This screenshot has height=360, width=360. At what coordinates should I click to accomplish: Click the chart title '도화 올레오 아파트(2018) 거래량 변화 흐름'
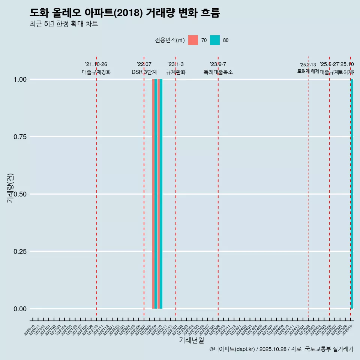[124, 13]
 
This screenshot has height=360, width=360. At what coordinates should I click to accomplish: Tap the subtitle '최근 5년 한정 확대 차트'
[64, 24]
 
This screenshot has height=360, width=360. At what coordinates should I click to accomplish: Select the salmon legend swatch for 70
[193, 40]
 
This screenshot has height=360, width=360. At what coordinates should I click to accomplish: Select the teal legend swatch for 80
[215, 40]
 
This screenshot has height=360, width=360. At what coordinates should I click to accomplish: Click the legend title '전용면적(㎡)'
[169, 40]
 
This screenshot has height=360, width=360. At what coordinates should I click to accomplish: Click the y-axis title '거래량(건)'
[10, 188]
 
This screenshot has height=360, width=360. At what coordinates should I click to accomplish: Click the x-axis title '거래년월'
[191, 340]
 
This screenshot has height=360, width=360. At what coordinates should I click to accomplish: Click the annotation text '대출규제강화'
[96, 72]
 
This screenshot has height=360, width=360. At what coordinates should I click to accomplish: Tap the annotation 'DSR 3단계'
[144, 72]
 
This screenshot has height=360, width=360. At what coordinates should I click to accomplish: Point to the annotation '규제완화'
[176, 72]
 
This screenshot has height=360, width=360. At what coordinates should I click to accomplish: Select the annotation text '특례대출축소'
[218, 72]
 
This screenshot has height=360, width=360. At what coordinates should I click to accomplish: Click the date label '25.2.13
[308, 65]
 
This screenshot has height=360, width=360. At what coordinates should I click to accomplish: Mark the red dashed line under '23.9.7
[218, 187]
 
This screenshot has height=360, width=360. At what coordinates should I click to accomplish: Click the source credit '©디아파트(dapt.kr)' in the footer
[232, 349]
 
